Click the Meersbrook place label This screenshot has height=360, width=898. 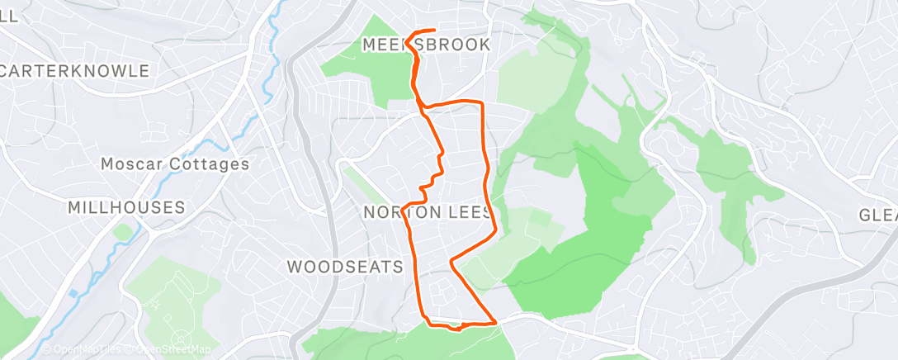click(x=427, y=45)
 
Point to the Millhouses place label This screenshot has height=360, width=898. click(x=126, y=206)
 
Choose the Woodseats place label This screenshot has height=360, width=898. click(x=345, y=266)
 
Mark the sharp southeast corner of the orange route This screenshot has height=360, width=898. click(x=494, y=321)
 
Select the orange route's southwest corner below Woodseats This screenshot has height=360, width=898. click(x=423, y=318)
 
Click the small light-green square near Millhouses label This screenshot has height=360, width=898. click(x=123, y=232)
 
